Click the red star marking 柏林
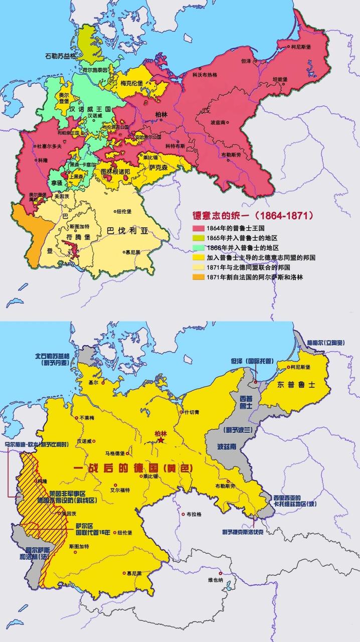161,440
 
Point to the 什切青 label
192,412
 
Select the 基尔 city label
92,382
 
